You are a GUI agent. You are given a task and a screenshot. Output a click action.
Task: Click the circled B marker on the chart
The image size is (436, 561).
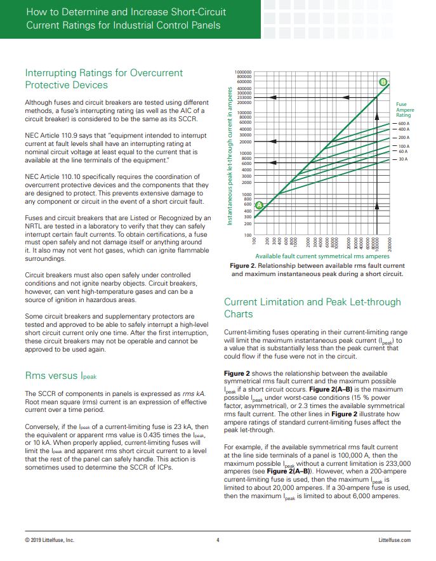pyautogui.click(x=383, y=82)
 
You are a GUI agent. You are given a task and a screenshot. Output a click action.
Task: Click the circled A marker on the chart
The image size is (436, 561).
pyautogui.click(x=259, y=204)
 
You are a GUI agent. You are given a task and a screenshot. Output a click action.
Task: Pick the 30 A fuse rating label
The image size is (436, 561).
pyautogui.click(x=402, y=159)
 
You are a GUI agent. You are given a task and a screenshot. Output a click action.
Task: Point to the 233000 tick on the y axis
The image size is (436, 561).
pyautogui.click(x=244, y=97)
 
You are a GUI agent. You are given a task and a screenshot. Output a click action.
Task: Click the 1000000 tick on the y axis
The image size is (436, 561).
pyautogui.click(x=243, y=72)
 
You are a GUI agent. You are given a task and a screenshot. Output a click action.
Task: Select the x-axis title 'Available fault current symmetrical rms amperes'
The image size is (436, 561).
pyautogui.click(x=322, y=256)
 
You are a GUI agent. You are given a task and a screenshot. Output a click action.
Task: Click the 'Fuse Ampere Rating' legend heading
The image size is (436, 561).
pyautogui.click(x=404, y=110)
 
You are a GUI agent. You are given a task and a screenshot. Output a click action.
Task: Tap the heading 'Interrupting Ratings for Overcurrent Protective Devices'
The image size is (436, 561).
pyautogui.click(x=103, y=79)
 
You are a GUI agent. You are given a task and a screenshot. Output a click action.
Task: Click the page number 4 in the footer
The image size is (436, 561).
pyautogui.click(x=218, y=540)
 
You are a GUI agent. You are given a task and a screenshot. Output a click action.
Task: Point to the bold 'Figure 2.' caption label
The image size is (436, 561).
pyautogui.click(x=243, y=265)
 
